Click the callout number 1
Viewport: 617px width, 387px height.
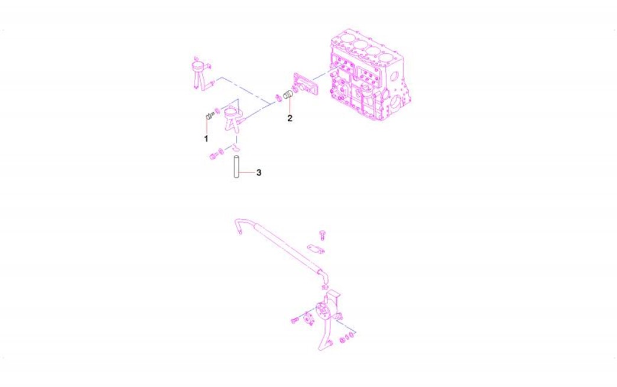click(206, 138)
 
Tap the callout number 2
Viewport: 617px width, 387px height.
click(290, 118)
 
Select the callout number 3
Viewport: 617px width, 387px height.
click(258, 173)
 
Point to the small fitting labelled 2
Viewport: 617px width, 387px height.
click(288, 95)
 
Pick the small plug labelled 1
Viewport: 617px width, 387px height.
click(209, 116)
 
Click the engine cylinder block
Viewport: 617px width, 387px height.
click(370, 76)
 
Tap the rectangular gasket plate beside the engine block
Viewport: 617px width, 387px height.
click(304, 84)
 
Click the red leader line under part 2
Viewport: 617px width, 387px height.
click(290, 105)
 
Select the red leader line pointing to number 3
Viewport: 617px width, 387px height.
click(246, 173)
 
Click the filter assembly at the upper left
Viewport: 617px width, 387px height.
click(202, 74)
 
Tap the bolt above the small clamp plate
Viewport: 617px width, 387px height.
click(323, 235)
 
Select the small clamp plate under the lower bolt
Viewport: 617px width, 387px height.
click(316, 249)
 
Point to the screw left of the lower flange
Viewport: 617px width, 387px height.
click(295, 321)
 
